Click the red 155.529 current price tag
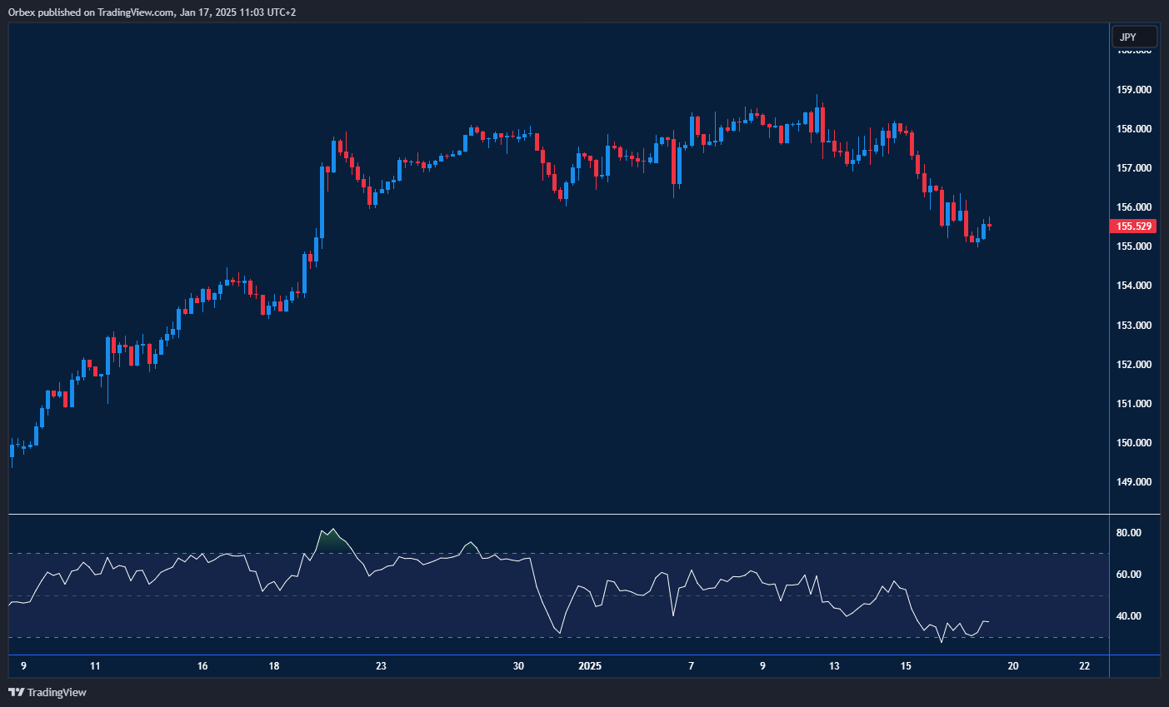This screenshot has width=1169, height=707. click(1134, 227)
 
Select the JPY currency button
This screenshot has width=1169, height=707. click(1134, 37)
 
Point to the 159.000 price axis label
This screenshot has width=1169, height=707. click(1134, 90)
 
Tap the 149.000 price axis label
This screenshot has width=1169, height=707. click(1134, 482)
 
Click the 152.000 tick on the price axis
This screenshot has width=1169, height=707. click(1134, 365)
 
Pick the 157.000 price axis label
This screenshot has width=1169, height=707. click(1134, 168)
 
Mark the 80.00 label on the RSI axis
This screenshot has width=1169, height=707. click(1129, 533)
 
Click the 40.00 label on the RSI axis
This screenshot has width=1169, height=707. click(1129, 616)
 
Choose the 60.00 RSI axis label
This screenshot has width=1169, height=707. click(1129, 575)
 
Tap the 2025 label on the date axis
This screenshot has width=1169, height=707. click(589, 666)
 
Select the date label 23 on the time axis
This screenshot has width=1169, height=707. click(381, 666)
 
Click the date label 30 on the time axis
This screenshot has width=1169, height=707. click(518, 666)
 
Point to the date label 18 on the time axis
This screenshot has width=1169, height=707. click(274, 666)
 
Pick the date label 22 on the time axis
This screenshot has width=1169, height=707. click(1084, 666)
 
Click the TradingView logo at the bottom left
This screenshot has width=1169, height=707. click(47, 692)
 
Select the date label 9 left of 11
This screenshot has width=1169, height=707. click(23, 666)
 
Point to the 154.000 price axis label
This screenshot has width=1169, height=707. click(1134, 286)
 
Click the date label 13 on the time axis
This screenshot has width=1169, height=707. click(834, 666)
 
